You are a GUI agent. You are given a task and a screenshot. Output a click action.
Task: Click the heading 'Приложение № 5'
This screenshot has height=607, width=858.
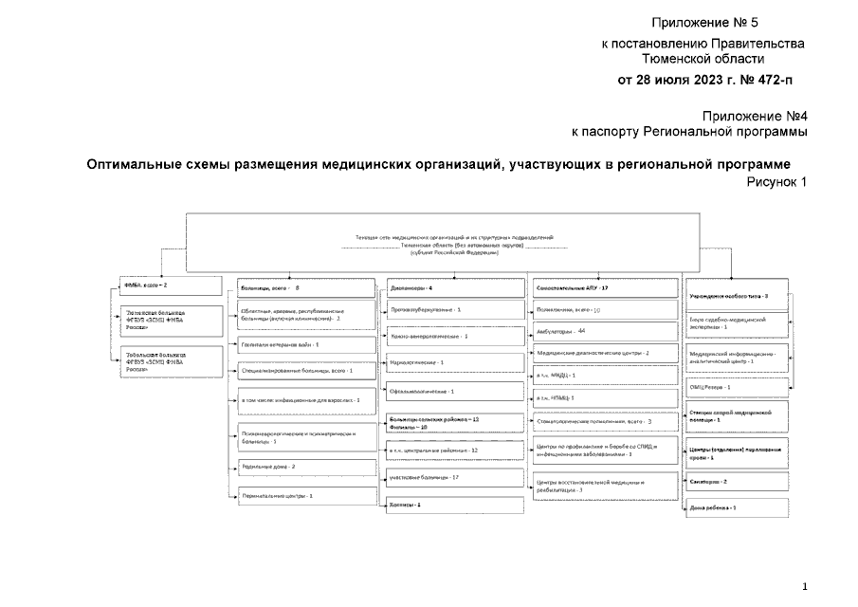pos(704,22)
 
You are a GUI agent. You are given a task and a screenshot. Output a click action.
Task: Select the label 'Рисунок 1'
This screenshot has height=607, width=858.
pos(776,182)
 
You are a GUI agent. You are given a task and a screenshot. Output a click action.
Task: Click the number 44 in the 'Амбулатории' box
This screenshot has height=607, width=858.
pos(583,331)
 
